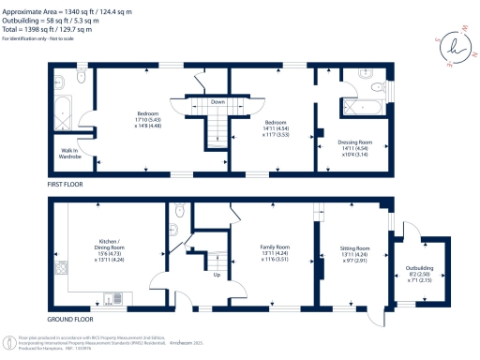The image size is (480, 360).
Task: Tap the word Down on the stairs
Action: [x=217, y=102]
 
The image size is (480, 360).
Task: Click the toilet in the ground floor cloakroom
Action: [x=178, y=226]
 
